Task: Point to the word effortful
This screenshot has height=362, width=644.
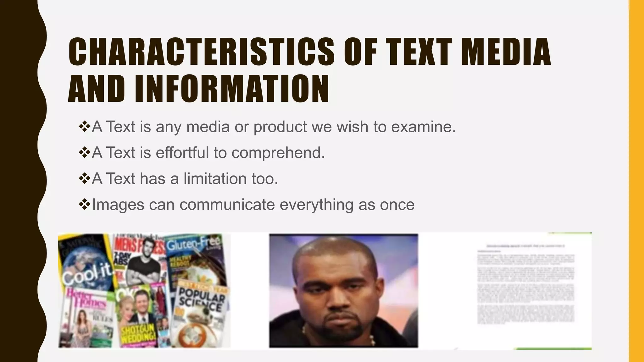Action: (x=182, y=153)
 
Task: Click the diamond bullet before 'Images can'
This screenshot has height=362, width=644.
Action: (x=84, y=204)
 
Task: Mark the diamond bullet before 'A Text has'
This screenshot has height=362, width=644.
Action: (x=84, y=178)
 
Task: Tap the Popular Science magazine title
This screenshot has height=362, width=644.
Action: (x=201, y=299)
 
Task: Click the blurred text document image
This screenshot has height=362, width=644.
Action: (x=525, y=286)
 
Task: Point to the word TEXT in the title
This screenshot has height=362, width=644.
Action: (x=419, y=52)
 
